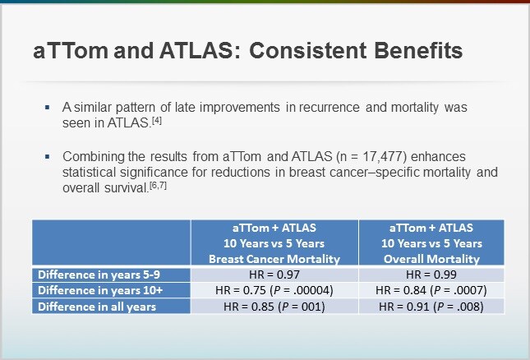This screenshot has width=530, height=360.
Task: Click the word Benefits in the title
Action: point(418,51)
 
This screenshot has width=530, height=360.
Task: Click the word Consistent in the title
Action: point(307,51)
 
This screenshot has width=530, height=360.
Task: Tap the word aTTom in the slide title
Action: point(71,51)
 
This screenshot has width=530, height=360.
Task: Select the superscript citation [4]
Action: point(156,121)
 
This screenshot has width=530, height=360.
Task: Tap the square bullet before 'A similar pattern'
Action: point(48,108)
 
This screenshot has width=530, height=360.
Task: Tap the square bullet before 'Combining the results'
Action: point(48,157)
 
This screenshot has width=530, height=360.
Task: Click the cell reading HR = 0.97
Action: point(274,275)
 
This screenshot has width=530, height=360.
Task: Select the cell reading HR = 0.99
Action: point(431,275)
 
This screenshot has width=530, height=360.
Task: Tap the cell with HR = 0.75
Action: point(274,290)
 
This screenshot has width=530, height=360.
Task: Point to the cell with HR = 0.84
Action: point(431,290)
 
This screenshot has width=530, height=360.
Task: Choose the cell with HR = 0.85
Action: point(274,307)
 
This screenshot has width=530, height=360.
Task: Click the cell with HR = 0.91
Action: point(431,307)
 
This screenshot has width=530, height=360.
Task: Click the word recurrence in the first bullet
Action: point(329,108)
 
